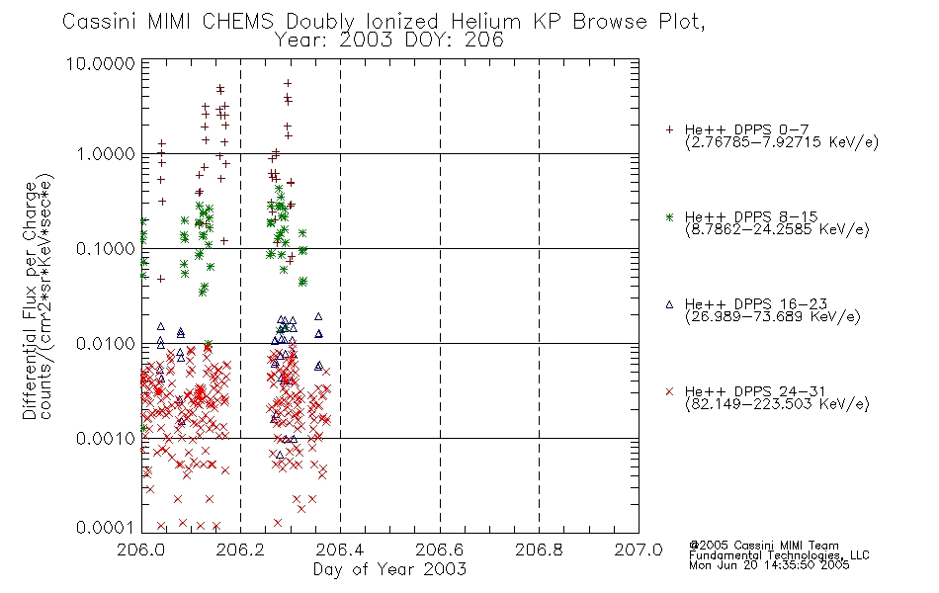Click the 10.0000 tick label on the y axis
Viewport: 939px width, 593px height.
coord(101,63)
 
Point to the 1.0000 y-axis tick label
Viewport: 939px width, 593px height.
coord(106,154)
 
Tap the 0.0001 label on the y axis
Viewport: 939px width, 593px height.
coord(106,528)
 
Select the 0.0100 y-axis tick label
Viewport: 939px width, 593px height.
coord(106,344)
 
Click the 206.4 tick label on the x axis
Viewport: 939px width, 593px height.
coord(340,550)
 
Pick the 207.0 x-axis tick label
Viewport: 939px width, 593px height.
coord(639,550)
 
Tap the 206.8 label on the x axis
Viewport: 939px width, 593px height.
coord(539,550)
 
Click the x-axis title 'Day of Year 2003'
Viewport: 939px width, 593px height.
coord(389,569)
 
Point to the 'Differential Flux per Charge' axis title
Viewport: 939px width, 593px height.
coord(30,300)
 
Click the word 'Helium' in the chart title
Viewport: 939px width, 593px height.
coord(486,21)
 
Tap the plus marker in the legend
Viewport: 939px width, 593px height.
coord(669,129)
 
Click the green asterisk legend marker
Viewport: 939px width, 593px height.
coord(669,216)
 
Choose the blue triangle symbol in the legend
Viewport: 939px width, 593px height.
coord(669,304)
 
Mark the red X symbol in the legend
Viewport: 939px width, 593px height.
coord(669,391)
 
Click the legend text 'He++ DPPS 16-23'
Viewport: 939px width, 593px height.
coord(756,303)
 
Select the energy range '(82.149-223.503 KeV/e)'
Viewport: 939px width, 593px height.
coord(777,403)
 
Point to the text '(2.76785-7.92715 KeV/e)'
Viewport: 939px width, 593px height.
coord(782,142)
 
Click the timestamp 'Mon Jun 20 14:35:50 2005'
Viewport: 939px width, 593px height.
coord(769,565)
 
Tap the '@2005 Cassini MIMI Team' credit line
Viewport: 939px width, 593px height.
coord(763,546)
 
